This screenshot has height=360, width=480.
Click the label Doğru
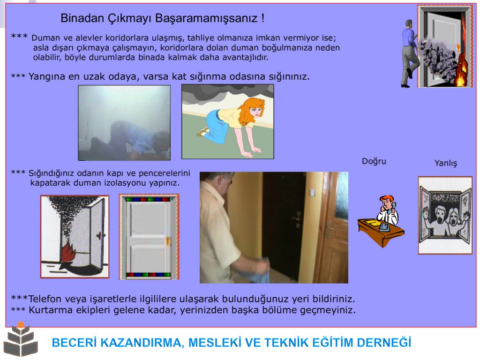(374, 161)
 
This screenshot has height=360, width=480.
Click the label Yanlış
(446, 163)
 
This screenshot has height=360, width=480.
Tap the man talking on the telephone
(388, 211)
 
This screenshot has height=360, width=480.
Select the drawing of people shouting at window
(445, 215)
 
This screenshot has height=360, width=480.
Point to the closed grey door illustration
(149, 237)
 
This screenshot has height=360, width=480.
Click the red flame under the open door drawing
(68, 255)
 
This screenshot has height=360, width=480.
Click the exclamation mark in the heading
(262, 18)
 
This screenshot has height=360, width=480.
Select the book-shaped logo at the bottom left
(21, 340)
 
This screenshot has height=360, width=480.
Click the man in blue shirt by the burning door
(410, 53)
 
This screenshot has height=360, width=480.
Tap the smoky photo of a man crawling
(124, 123)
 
